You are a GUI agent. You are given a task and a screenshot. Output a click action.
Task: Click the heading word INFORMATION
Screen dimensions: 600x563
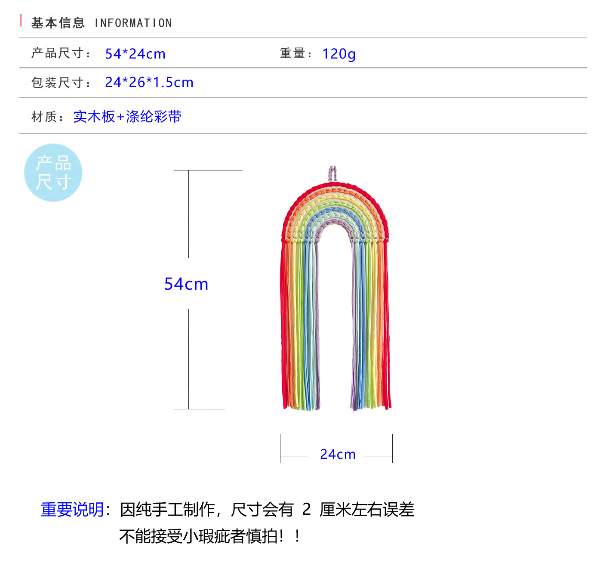pos(133,23)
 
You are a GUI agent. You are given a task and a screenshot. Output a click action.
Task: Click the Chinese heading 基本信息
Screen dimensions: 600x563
pos(58,23)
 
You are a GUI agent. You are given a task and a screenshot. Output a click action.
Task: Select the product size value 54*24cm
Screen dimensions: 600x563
pos(135,54)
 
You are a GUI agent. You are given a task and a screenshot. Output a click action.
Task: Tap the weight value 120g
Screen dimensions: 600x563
pos(339,54)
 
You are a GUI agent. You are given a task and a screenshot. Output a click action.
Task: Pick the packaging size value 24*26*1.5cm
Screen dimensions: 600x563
pos(149,82)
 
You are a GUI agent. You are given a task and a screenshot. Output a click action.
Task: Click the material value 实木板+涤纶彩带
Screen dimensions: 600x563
pos(127,117)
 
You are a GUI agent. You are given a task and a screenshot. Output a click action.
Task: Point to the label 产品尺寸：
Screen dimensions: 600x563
pos(61,53)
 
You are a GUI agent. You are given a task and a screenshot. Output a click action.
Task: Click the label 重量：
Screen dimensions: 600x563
pos(296,53)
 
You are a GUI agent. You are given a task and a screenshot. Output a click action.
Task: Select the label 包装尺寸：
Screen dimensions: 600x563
pos(61,82)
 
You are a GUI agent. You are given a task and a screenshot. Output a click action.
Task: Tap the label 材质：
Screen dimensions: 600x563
pos(48,117)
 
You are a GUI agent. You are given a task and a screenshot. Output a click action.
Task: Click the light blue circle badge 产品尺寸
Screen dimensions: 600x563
pos(53,173)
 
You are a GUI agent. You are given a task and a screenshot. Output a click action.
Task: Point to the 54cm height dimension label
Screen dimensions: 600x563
pos(186,284)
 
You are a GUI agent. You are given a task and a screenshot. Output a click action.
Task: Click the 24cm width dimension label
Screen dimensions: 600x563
pos(338,454)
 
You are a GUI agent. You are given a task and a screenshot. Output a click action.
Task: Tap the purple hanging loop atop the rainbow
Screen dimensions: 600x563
pos(332,173)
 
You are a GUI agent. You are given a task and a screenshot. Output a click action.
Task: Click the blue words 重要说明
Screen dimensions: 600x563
pos(72,510)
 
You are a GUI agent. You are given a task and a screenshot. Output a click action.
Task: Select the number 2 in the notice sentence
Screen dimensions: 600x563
pos(306,510)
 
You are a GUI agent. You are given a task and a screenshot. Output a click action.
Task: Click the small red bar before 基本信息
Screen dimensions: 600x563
pos(21,20)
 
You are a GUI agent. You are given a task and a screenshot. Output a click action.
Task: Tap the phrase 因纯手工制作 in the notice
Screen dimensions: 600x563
pos(168,510)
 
